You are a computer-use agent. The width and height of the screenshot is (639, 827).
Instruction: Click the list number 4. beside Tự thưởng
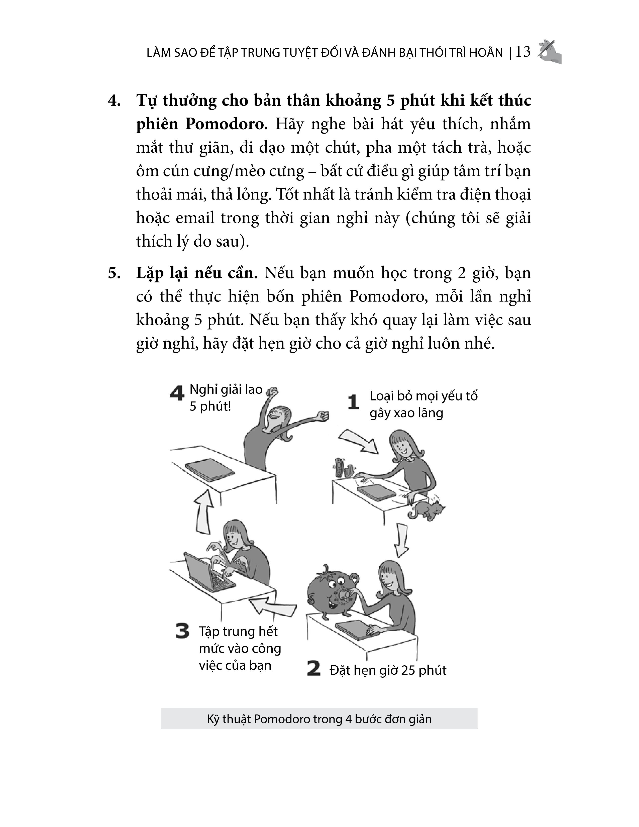114,101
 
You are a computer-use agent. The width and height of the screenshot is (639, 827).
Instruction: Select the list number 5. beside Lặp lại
114,273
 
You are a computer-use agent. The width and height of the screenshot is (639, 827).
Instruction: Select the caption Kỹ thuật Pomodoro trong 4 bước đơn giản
319,719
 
